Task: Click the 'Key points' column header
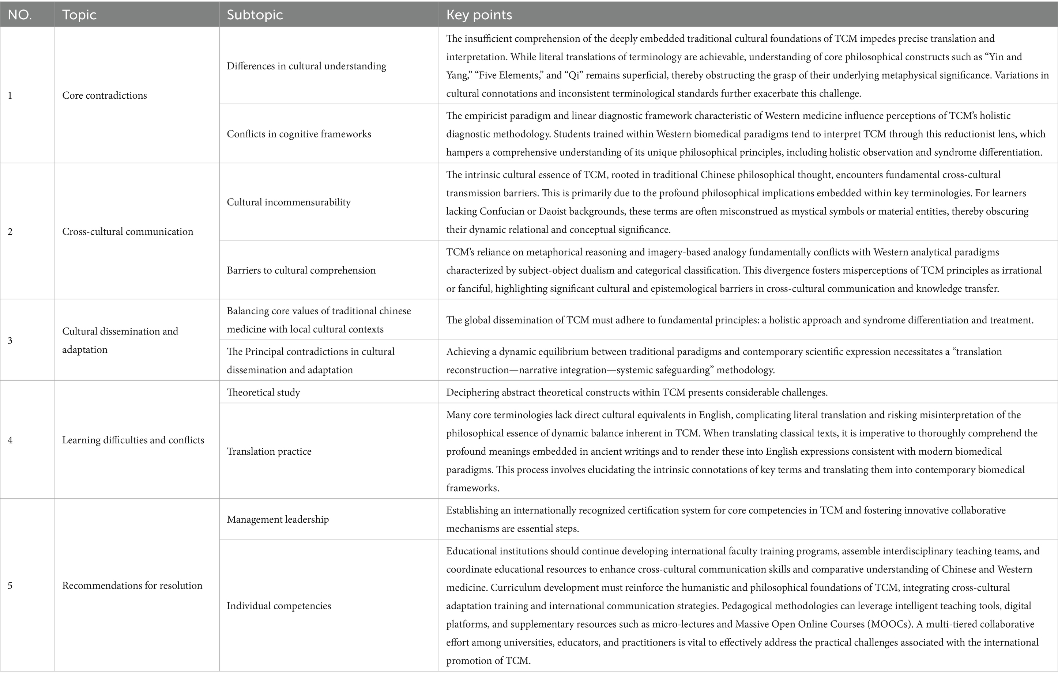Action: [479, 15]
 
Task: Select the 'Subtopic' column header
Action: [255, 15]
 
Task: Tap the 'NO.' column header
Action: [20, 15]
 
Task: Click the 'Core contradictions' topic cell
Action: [104, 95]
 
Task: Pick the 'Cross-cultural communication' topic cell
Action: [127, 232]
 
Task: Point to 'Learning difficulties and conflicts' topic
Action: [133, 440]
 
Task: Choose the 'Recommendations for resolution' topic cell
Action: [132, 586]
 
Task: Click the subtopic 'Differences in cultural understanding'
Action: [306, 66]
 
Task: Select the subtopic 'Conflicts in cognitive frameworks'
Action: [299, 134]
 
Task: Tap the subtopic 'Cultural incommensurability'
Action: [289, 202]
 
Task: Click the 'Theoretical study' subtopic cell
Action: [263, 392]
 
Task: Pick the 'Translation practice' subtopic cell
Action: [269, 451]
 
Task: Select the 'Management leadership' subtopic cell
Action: [278, 519]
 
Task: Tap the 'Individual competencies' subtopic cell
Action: [278, 606]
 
